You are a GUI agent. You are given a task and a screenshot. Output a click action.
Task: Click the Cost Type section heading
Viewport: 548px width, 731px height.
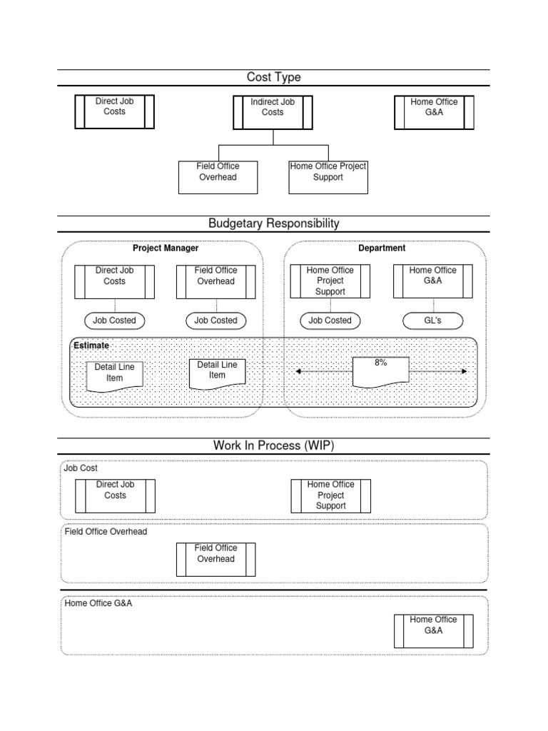[x=273, y=77]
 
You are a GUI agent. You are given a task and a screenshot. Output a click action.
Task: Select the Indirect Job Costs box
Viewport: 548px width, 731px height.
[x=273, y=112]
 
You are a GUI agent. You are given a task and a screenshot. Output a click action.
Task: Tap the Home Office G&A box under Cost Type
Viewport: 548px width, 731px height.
[x=434, y=112]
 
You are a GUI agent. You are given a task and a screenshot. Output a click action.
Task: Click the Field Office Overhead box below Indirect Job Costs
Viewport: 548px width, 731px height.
[x=218, y=176]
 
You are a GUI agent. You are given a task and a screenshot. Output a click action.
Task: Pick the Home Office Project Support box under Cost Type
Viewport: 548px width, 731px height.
[x=328, y=176]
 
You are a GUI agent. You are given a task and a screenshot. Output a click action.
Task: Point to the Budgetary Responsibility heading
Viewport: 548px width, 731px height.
[x=273, y=223]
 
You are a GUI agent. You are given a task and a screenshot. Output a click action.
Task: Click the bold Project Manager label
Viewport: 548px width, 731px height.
[x=166, y=248]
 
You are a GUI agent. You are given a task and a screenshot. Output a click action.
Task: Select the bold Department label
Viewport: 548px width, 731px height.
[x=382, y=248]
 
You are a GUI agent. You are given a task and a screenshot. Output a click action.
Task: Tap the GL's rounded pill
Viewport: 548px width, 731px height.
[x=432, y=321]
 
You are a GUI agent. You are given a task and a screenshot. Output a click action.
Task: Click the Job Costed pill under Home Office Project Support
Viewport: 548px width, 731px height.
[x=330, y=321]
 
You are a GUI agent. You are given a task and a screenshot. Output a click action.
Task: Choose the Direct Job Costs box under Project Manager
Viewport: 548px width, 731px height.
[x=115, y=281]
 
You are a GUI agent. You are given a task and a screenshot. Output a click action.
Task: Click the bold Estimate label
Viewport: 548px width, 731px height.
[x=91, y=346]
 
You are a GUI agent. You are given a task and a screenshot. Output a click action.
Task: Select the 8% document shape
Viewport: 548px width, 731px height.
[x=380, y=371]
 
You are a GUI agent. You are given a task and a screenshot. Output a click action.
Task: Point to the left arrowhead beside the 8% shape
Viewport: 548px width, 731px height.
[x=298, y=371]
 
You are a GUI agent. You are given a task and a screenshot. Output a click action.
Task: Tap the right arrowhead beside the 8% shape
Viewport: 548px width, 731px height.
[x=465, y=371]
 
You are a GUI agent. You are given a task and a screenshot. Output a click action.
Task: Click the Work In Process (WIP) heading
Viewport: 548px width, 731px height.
[x=273, y=445]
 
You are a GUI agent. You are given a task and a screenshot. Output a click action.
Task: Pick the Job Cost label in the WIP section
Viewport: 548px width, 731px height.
[x=81, y=469]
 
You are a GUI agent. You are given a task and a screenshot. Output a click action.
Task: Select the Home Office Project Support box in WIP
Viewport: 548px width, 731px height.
[x=330, y=495]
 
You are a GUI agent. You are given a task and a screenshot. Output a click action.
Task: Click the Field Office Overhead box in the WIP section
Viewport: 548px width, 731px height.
[x=215, y=559]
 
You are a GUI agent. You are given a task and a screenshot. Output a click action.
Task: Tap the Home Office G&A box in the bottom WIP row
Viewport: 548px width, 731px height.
[x=434, y=630]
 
